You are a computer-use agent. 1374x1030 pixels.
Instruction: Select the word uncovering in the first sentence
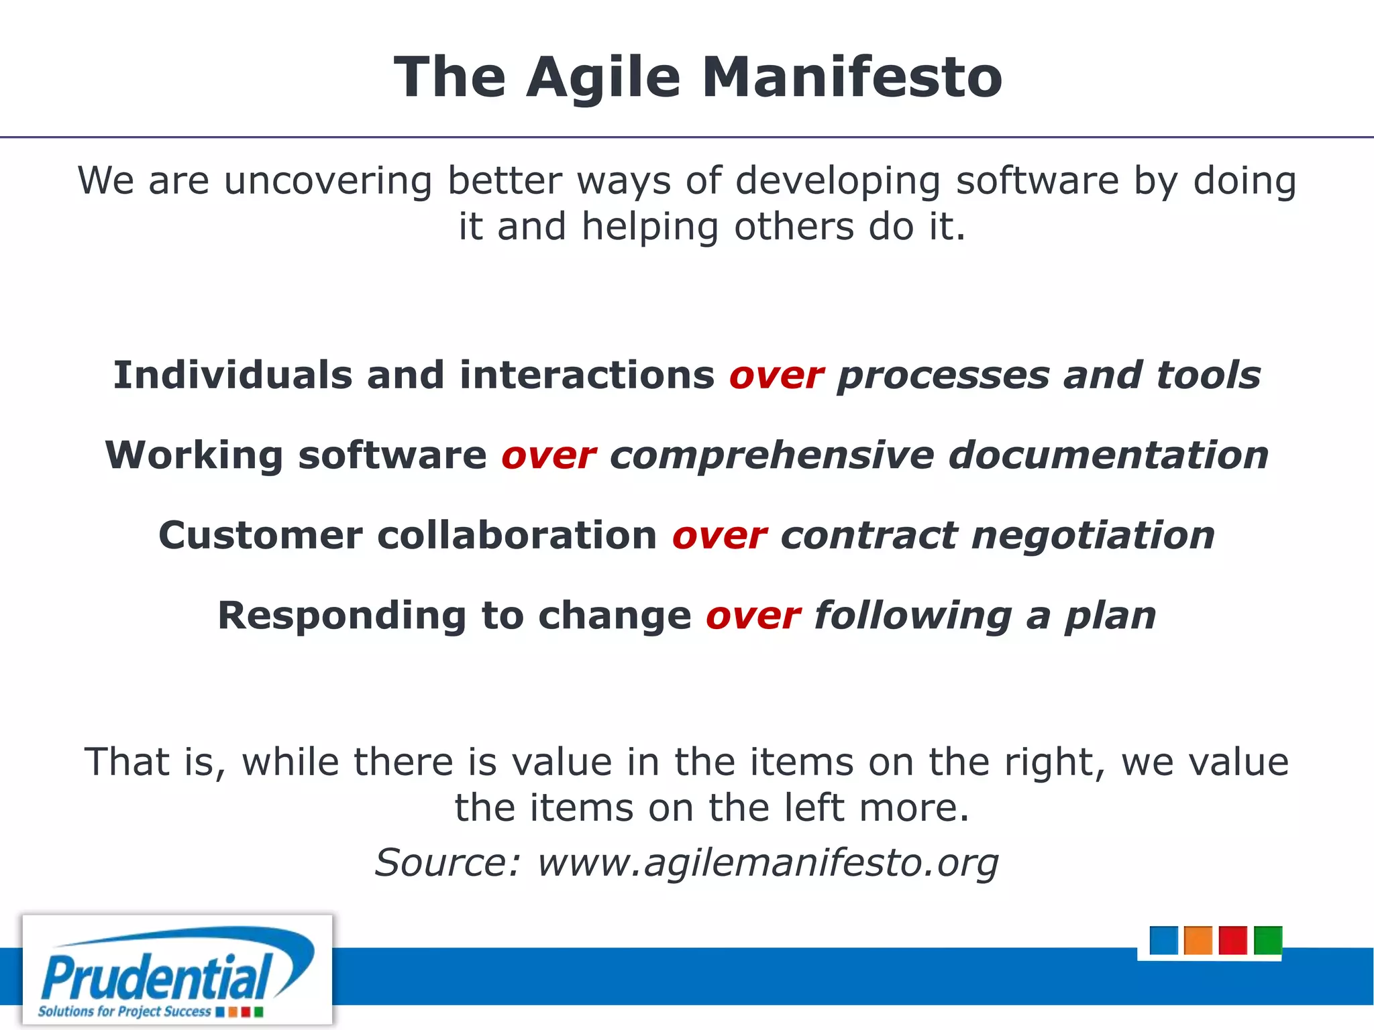pos(328,181)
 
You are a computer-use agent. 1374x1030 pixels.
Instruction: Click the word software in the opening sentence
pos(1037,181)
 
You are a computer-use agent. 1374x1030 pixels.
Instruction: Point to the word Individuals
pos(232,375)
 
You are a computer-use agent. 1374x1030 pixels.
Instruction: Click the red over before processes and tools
pos(776,376)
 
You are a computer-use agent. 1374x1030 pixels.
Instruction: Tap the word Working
pos(194,456)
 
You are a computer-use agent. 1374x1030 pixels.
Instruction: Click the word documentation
pos(1108,455)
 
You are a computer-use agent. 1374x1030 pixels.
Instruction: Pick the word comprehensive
pos(772,457)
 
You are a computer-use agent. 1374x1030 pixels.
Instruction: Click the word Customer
pos(260,536)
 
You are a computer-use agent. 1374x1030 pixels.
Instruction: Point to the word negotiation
pos(1093,536)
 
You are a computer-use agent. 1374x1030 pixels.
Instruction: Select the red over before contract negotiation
pos(719,536)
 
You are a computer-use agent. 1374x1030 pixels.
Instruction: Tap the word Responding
pos(341,616)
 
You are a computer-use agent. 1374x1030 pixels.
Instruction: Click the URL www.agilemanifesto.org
pos(768,863)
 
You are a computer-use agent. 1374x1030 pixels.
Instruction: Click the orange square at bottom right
pos(1198,940)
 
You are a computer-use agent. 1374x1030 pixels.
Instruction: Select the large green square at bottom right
pos(1267,940)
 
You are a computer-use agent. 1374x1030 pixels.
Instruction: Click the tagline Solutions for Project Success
pos(125,1011)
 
